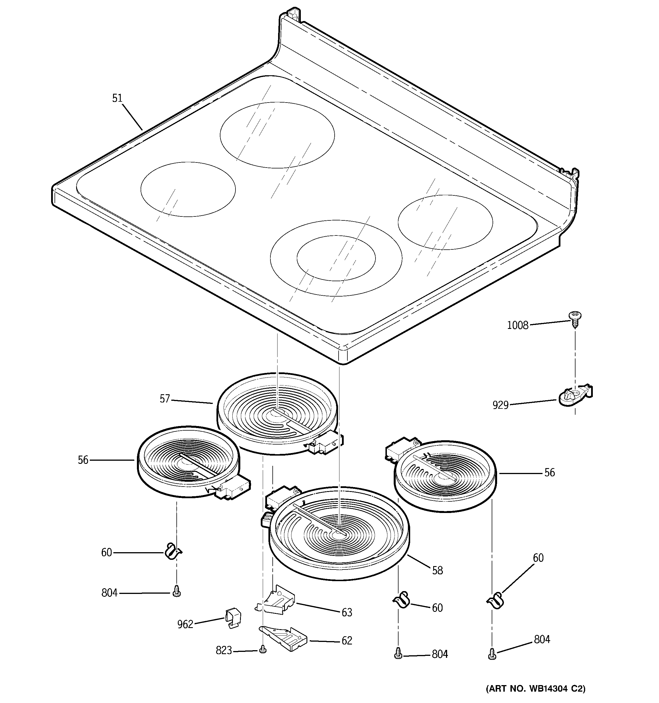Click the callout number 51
click(x=117, y=98)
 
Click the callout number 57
click(x=165, y=399)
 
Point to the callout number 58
click(x=437, y=570)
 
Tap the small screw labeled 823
click(x=262, y=649)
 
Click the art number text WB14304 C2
click(x=535, y=688)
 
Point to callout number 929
click(x=500, y=405)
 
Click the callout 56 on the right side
click(x=549, y=472)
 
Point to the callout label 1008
click(x=518, y=325)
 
